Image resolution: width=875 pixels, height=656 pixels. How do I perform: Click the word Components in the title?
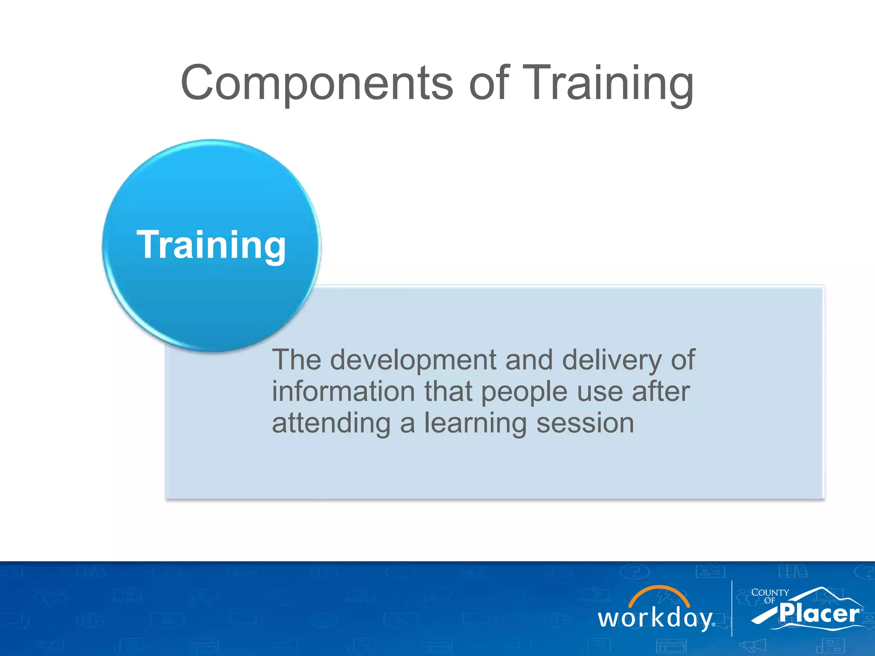point(316,83)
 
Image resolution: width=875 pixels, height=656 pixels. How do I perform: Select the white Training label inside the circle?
point(211,245)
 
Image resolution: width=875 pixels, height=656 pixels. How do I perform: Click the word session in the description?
point(585,424)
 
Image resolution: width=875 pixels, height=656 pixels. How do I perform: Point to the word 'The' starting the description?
point(297,360)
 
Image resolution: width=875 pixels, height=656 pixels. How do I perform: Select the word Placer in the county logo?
point(819,614)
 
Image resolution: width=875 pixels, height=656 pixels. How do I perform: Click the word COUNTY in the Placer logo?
point(770,593)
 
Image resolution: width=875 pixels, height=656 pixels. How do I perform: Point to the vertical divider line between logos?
point(732,608)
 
